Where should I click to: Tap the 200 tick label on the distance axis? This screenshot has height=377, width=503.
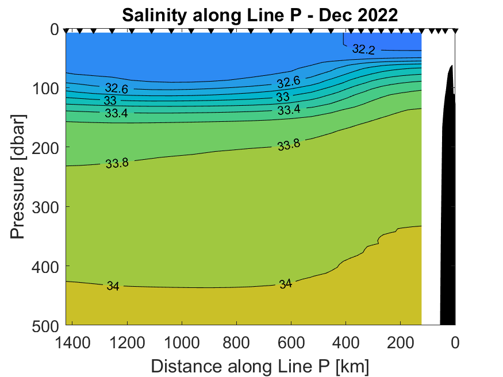pyautogui.click(x=401, y=343)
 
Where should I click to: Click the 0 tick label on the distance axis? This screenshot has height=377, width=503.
pyautogui.click(x=455, y=343)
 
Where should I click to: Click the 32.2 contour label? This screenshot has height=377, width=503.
pyautogui.click(x=363, y=50)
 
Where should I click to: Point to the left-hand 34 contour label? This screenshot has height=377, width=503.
pyautogui.click(x=113, y=286)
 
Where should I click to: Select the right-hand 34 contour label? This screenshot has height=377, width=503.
pyautogui.click(x=286, y=284)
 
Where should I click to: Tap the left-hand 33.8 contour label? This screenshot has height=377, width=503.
pyautogui.click(x=117, y=163)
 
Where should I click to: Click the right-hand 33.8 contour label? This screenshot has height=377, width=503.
pyautogui.click(x=289, y=145)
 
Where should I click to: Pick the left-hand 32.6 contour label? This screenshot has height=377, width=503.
pyautogui.click(x=117, y=89)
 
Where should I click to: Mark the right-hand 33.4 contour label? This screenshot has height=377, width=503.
pyautogui.click(x=289, y=109)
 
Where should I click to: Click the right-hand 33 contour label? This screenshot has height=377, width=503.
pyautogui.click(x=283, y=97)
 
